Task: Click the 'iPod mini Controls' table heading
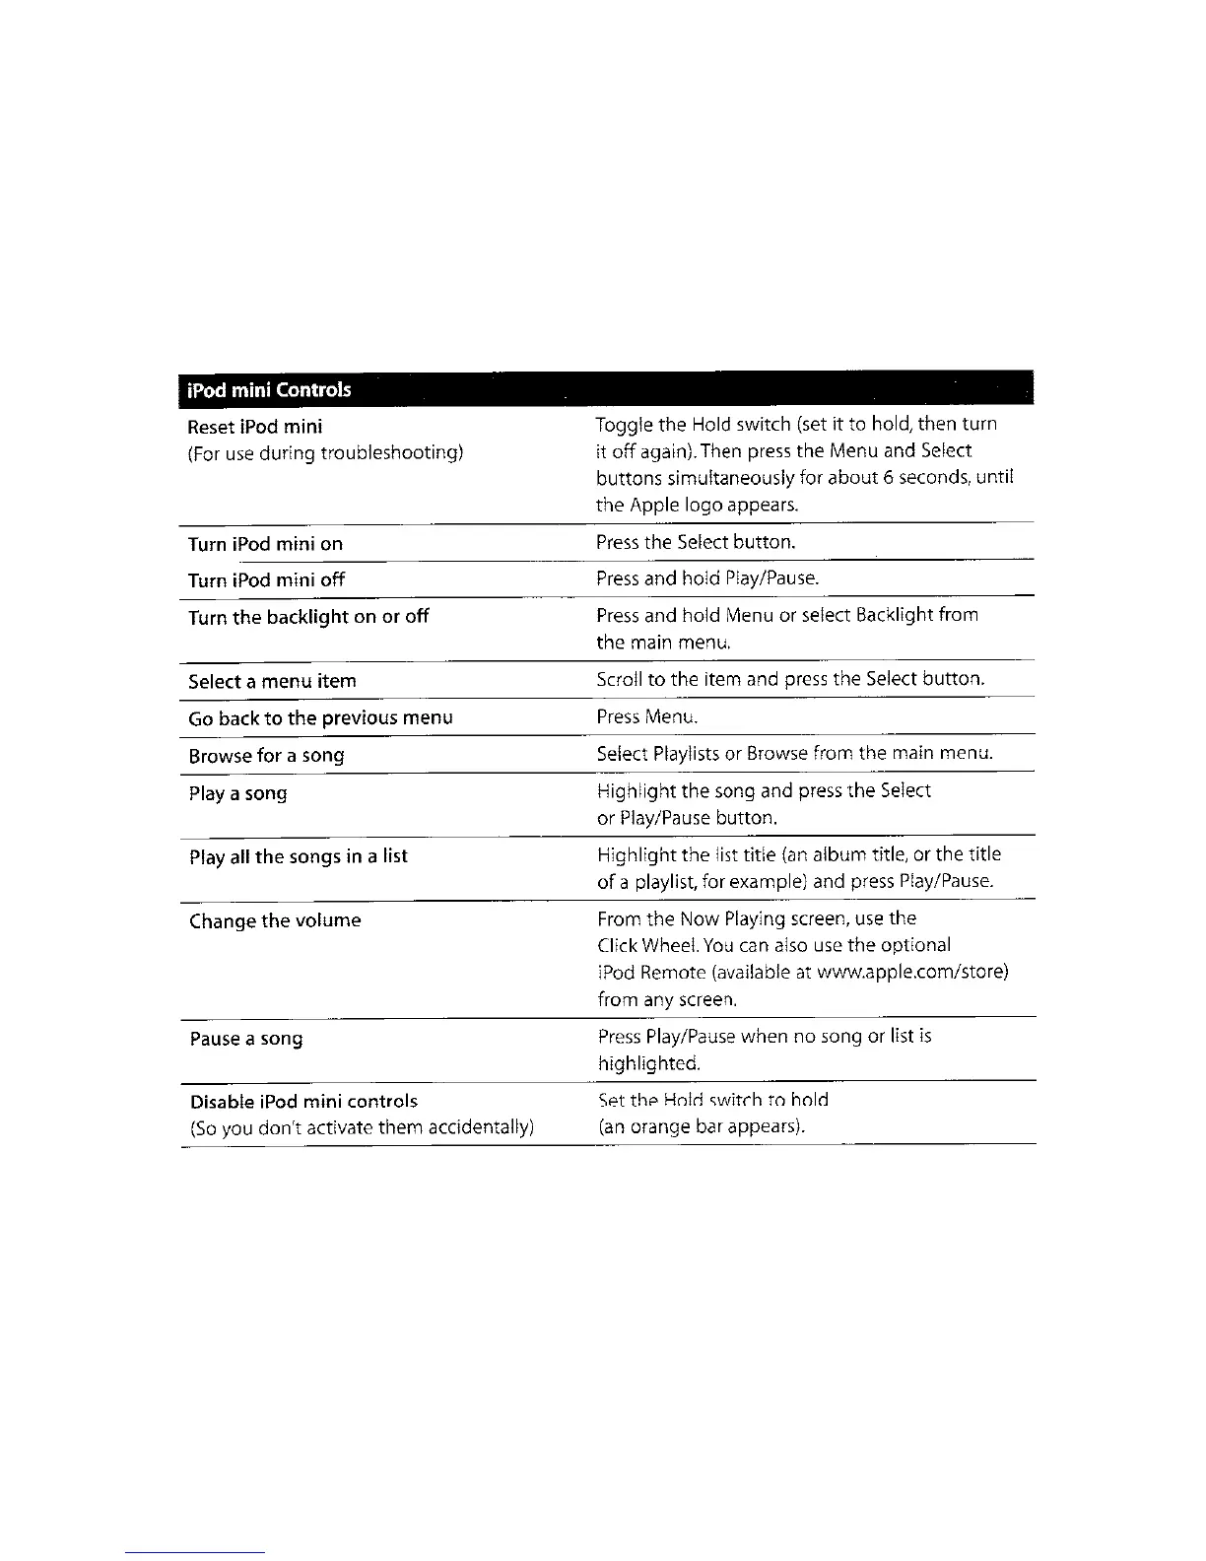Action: [269, 389]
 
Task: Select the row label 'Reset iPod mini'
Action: [255, 427]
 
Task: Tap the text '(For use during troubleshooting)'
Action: [325, 453]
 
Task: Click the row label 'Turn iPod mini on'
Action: [266, 544]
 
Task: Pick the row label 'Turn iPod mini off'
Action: [267, 580]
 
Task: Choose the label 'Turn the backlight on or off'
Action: [308, 617]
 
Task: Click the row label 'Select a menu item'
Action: [273, 682]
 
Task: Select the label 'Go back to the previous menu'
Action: [321, 718]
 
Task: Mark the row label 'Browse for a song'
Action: [267, 756]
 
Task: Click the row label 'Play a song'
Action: [238, 793]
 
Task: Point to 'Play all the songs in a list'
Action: [299, 856]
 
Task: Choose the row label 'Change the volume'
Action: [276, 921]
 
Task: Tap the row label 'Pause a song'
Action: [246, 1039]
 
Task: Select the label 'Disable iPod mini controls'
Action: [303, 1102]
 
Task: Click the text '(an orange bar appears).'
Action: [702, 1126]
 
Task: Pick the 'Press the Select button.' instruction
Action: [696, 542]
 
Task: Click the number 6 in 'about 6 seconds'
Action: [859, 478]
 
